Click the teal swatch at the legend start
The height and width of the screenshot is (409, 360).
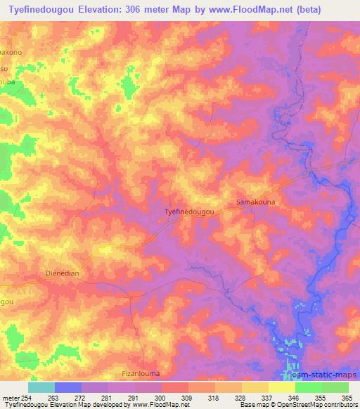pyautogui.click(x=41, y=387)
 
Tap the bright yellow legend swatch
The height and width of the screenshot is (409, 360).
pyautogui.click(x=281, y=387)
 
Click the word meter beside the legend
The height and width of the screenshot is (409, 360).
pyautogui.click(x=11, y=397)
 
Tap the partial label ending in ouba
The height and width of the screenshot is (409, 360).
pyautogui.click(x=10, y=79)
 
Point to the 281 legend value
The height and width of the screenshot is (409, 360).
pyautogui.click(x=108, y=397)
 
